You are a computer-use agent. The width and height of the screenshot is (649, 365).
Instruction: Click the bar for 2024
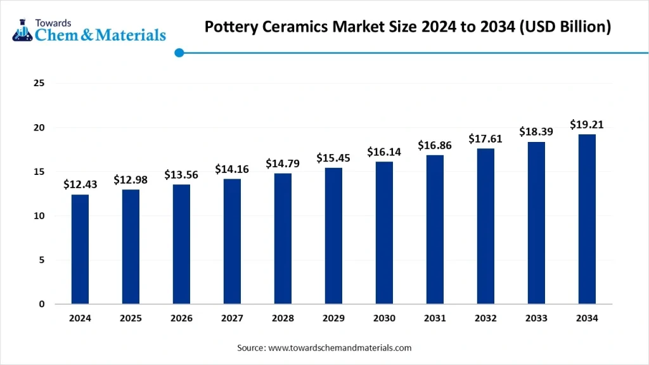coord(80,249)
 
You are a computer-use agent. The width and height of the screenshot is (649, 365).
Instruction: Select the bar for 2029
coord(333,236)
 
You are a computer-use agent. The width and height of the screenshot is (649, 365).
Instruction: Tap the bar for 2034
coord(587,219)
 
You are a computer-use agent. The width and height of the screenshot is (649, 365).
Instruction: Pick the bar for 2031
coord(435,229)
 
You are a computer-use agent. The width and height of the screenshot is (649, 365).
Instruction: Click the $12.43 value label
coord(80,184)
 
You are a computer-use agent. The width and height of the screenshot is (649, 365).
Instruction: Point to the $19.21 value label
coord(587,124)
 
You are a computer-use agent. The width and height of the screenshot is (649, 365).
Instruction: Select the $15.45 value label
coord(333,158)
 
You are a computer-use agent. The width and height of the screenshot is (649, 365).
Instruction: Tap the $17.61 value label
coord(485,139)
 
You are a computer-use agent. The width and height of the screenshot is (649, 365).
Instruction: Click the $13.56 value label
coord(181,174)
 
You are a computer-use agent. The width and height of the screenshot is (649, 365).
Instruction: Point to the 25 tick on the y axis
coord(39,84)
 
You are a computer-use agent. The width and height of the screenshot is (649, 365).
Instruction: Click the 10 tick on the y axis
coord(39,216)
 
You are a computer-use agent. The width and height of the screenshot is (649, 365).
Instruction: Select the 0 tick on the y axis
coord(42,304)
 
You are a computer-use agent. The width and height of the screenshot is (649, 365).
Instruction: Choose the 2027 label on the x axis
coord(232,319)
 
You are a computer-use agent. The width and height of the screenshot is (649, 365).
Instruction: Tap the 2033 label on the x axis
coord(536,319)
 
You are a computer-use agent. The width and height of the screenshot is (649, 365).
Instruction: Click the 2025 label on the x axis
coord(131,319)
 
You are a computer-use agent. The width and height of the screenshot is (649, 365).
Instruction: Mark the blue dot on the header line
coord(179,53)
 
